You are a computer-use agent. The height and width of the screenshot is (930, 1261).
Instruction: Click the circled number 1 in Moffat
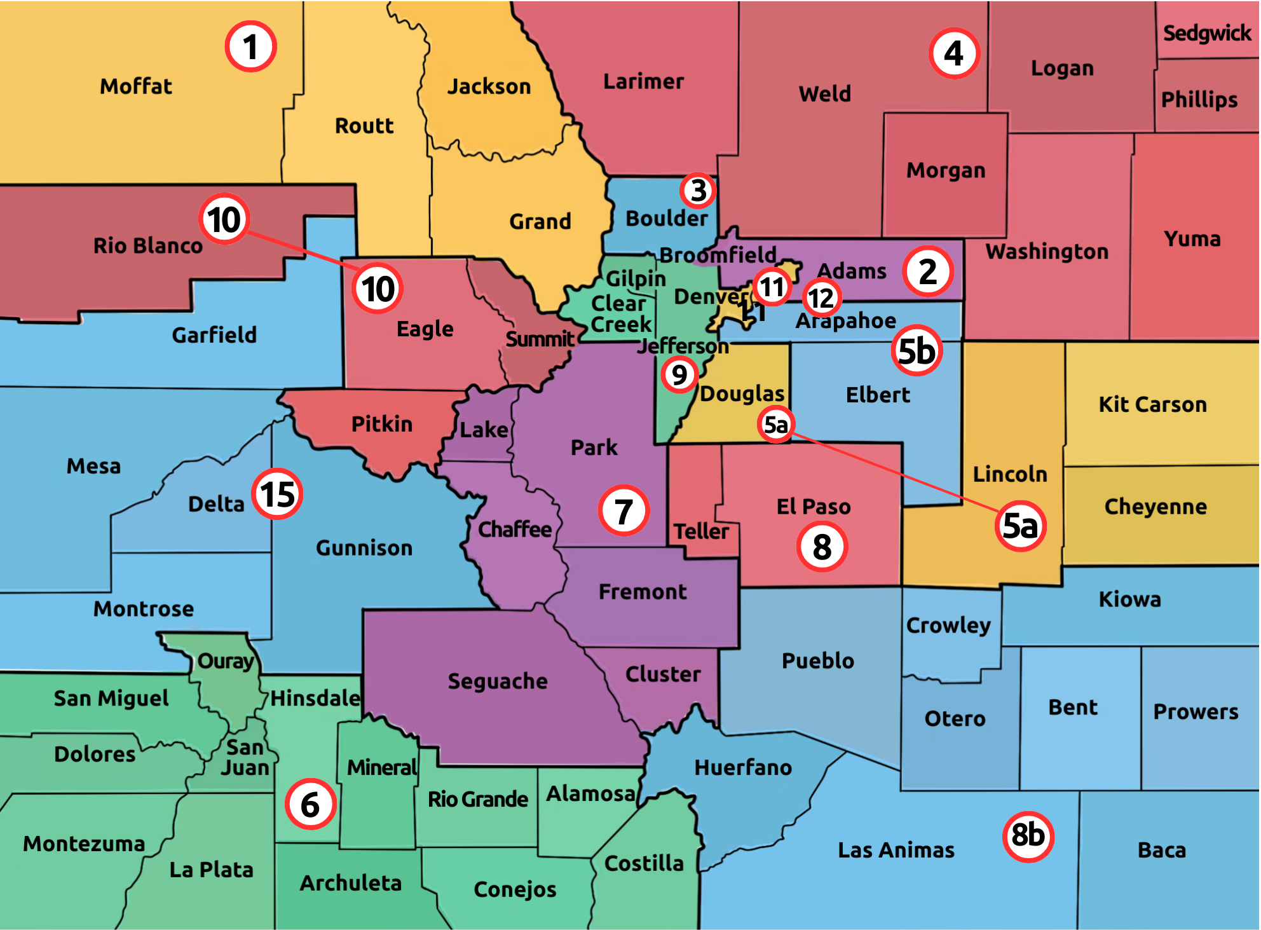tap(250, 46)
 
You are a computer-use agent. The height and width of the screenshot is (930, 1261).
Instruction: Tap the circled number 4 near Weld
tap(953, 53)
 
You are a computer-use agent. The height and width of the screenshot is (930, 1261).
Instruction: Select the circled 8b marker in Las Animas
tap(1028, 836)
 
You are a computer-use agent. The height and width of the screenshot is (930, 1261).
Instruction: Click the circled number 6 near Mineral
tap(310, 805)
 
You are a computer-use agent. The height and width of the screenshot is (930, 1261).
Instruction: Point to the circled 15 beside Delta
tap(277, 494)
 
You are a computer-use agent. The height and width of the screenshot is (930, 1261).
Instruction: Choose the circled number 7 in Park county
tap(624, 510)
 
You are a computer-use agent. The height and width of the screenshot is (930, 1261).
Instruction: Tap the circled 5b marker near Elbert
tap(916, 351)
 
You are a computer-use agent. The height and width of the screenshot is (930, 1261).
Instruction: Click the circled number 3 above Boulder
tap(698, 190)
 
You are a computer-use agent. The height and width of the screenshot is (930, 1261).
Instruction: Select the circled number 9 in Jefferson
tap(679, 374)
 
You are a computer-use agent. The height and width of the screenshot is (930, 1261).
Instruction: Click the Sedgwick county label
tap(1206, 33)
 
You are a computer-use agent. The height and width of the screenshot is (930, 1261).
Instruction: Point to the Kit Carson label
tap(1152, 404)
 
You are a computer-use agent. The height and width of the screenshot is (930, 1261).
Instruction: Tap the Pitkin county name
tap(381, 424)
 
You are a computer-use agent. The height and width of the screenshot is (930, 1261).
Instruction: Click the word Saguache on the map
tap(497, 681)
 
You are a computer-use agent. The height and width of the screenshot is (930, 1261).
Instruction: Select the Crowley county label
tap(948, 626)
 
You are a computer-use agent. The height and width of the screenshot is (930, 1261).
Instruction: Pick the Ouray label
tap(226, 661)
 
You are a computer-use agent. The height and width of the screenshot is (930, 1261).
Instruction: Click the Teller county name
tap(701, 531)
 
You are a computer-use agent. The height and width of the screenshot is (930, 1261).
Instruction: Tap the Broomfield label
tap(718, 255)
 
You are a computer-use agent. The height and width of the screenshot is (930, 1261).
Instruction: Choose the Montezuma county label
tap(84, 844)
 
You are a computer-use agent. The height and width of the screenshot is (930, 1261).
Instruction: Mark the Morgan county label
tap(945, 170)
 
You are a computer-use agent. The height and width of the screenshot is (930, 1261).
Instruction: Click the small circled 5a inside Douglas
tap(775, 424)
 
